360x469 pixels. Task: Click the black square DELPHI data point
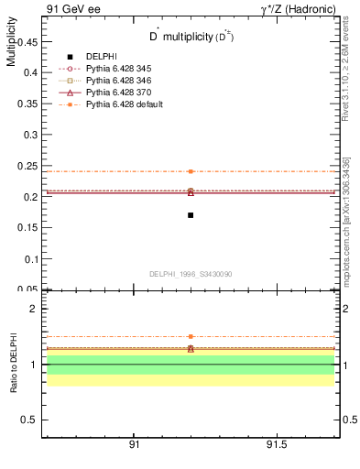coord(191,215)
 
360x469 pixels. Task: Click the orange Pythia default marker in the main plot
coord(191,171)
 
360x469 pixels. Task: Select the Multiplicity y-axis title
coord(11,46)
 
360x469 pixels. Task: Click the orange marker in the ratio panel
coord(191,336)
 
